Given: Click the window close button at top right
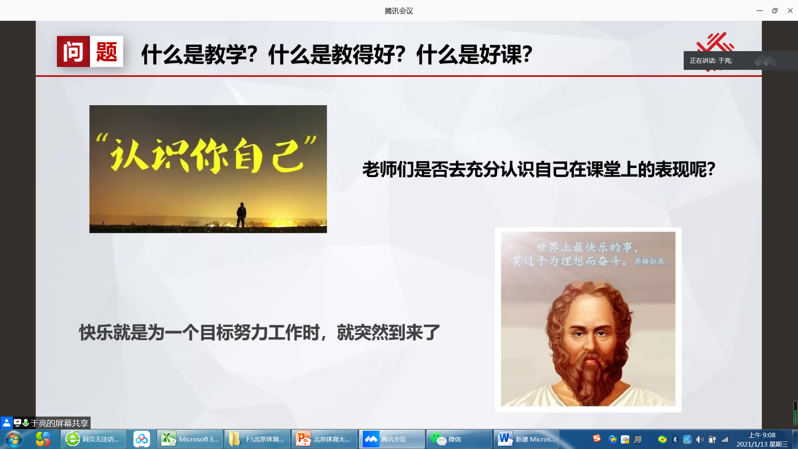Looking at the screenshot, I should (790, 11).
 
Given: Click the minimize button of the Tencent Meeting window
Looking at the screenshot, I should (759, 11).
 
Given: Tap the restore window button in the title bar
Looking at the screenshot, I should (775, 11).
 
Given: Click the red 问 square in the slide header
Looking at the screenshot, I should (73, 52).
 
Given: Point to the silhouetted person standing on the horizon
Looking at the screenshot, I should (241, 214).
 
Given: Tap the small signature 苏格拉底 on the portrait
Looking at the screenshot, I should (650, 261).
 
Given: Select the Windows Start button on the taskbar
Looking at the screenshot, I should (13, 439).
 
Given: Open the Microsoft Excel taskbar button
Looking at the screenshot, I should (190, 439).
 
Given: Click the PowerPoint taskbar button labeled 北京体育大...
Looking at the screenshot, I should (325, 439).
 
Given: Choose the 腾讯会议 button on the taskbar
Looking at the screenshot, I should (392, 439).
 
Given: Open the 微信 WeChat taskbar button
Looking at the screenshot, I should (459, 439).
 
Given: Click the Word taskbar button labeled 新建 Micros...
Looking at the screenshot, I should (527, 439).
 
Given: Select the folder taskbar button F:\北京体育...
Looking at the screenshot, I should (257, 439).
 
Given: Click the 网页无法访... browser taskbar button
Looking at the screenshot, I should (94, 439).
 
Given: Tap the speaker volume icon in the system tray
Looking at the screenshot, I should (699, 439).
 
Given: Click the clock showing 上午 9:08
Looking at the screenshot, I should (762, 435).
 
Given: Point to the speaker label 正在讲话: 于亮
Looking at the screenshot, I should (711, 61).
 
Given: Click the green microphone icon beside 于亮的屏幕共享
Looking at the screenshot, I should (26, 423).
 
